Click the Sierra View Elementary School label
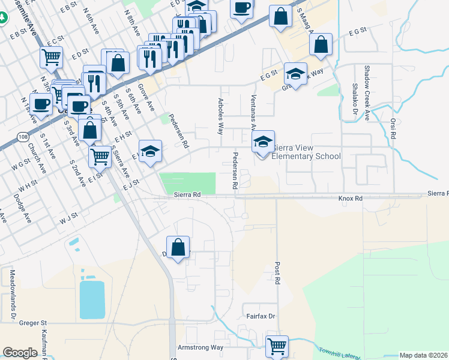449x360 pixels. [x=306, y=152]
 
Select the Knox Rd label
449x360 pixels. [x=351, y=197]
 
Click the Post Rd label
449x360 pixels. [x=277, y=272]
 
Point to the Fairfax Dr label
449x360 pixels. [x=260, y=316]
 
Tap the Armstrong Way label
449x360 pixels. [x=200, y=347]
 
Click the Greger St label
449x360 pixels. [x=33, y=323]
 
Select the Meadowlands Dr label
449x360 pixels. [x=11, y=293]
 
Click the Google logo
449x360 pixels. [x=20, y=352]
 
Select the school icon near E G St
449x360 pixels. [x=295, y=74]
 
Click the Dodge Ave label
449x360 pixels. [x=22, y=209]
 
